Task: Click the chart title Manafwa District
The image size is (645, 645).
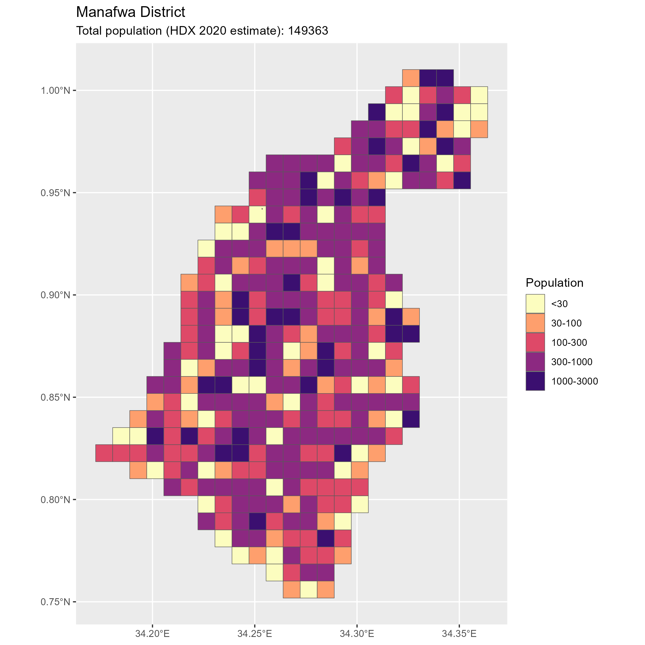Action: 131,12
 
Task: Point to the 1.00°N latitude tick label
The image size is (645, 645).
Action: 55,91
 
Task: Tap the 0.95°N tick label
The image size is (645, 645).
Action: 55,193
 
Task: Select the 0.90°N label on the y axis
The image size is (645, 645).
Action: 55,295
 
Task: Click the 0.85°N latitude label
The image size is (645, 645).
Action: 55,398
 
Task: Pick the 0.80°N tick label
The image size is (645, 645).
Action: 55,500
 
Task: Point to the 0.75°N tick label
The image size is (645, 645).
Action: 55,602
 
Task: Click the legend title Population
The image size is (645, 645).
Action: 554,283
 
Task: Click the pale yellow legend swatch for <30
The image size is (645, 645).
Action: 535,303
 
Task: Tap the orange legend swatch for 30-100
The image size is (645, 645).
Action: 535,323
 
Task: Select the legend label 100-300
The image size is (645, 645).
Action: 569,343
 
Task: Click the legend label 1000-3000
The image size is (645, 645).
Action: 575,381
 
